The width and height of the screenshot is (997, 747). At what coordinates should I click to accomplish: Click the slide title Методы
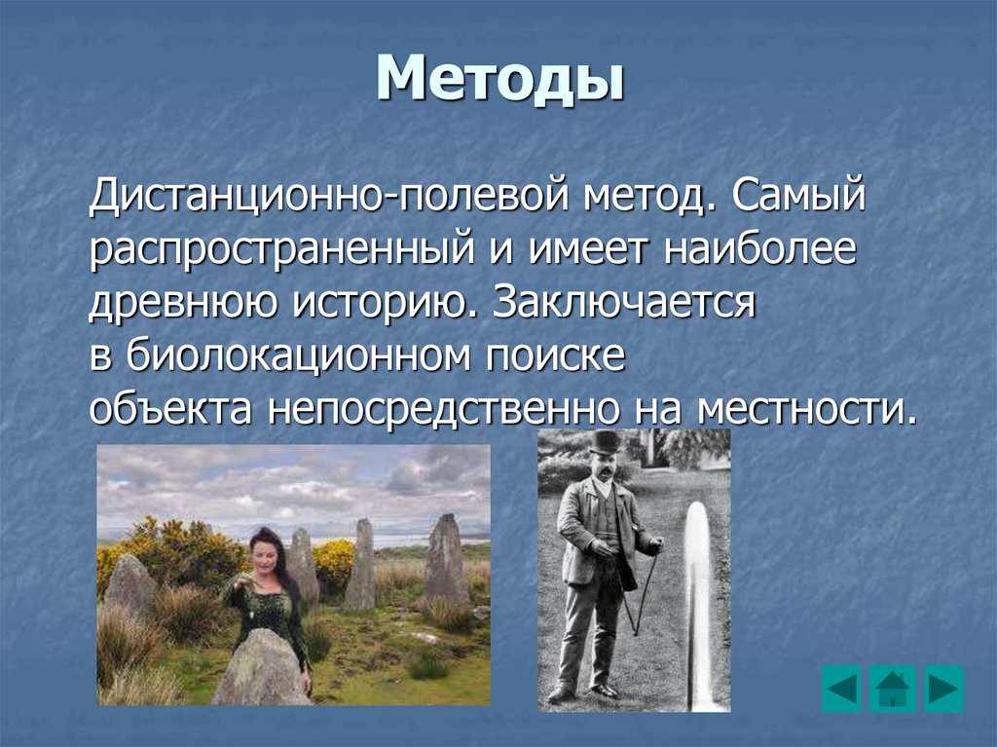(x=499, y=80)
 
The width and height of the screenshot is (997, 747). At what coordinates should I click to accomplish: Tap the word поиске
(x=549, y=355)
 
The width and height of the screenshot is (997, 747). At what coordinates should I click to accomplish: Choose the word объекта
(x=171, y=408)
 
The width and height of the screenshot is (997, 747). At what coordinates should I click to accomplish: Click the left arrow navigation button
(x=841, y=689)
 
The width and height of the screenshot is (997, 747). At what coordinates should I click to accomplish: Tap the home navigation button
(x=892, y=689)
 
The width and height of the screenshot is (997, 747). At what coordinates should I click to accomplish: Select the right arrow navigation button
(x=942, y=689)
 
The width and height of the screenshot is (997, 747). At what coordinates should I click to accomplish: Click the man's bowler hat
(x=605, y=441)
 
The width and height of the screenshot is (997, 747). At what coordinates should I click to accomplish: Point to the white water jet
(x=696, y=604)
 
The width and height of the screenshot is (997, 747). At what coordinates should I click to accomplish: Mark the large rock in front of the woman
(x=261, y=670)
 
